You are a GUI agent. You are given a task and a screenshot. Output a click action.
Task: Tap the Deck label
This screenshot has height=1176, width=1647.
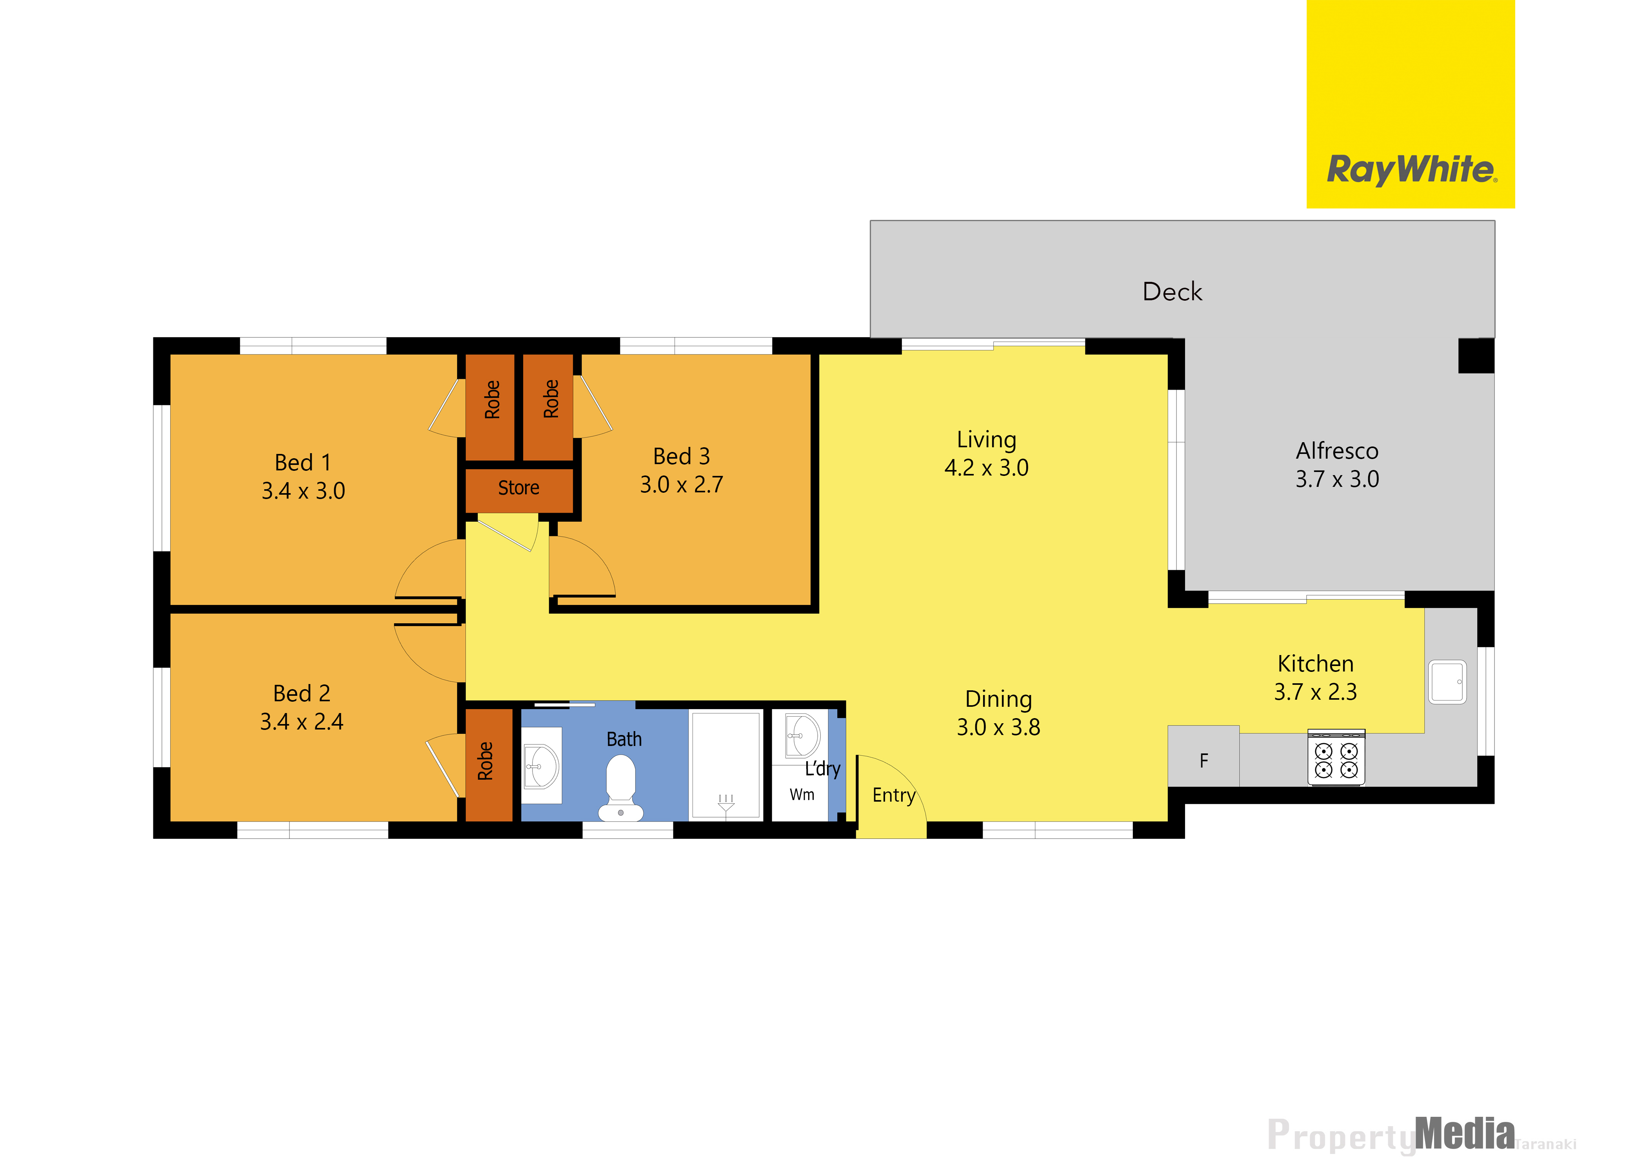tap(1172, 292)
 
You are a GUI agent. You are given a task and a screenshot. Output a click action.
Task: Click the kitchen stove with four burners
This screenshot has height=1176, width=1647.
tap(1336, 757)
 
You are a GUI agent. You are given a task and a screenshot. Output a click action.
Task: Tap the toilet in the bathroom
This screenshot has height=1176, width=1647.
tap(621, 788)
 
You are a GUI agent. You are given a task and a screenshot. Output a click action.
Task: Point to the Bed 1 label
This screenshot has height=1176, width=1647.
tap(303, 463)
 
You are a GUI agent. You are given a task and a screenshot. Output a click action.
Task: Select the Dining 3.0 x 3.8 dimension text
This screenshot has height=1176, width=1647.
tap(998, 727)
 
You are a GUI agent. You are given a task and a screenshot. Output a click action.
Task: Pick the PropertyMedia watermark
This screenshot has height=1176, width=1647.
tap(1421, 1135)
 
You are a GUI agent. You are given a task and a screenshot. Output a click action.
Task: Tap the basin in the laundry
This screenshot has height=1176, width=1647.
tap(802, 736)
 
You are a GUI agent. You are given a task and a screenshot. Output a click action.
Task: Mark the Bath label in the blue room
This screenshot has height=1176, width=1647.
tap(624, 739)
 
